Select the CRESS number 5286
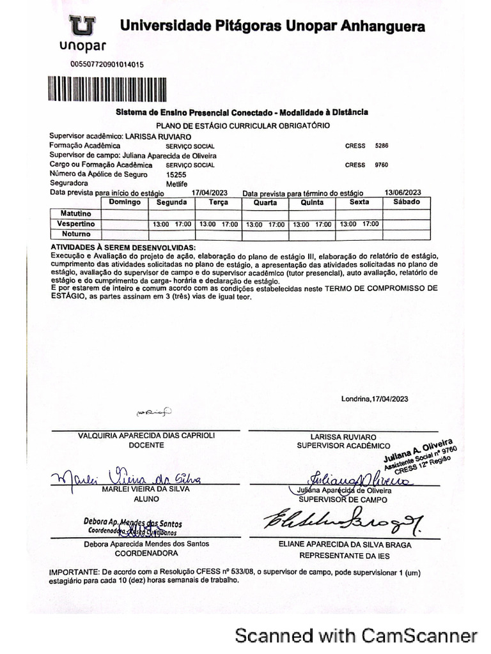[382, 146]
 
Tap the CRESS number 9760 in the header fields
[382, 165]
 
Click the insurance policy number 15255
[176, 174]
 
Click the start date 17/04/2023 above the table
[210, 192]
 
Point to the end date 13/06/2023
[403, 192]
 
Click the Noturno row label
[75, 234]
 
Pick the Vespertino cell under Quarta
[265, 225]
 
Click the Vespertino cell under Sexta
[359, 224]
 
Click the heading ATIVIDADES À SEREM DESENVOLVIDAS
[123, 247]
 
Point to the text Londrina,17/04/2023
[374, 399]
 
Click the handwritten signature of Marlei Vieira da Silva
[128, 478]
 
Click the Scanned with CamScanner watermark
[356, 635]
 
